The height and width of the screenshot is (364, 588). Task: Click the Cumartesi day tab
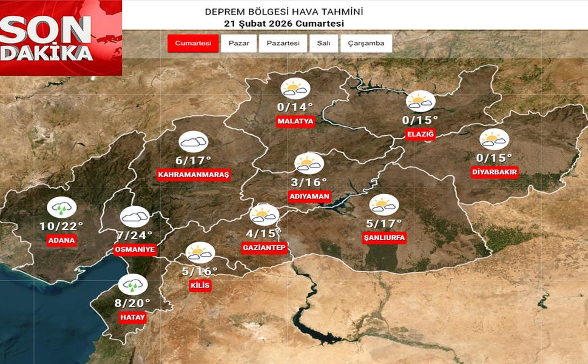tap(193, 43)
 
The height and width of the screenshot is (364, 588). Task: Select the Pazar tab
tap(238, 43)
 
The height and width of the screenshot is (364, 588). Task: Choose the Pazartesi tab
tap(283, 43)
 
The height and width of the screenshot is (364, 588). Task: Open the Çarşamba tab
tap(366, 43)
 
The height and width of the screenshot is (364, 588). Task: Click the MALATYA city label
tap(296, 121)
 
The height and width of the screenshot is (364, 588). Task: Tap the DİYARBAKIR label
tap(495, 172)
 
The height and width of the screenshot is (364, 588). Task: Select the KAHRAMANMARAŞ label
tap(194, 175)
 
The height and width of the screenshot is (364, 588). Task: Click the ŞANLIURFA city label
tap(383, 237)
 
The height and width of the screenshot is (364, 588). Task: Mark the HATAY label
tap(133, 317)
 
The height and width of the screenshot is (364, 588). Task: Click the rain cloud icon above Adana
tap(61, 207)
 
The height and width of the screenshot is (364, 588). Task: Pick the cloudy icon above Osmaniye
tap(134, 217)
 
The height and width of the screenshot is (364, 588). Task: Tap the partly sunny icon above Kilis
tap(200, 252)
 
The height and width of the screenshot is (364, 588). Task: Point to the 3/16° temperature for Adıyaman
tap(308, 182)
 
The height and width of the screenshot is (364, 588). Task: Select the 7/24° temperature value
tap(134, 235)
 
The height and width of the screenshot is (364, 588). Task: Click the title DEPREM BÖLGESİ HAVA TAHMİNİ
tap(284, 12)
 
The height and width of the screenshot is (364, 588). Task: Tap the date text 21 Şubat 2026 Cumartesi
tap(284, 24)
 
